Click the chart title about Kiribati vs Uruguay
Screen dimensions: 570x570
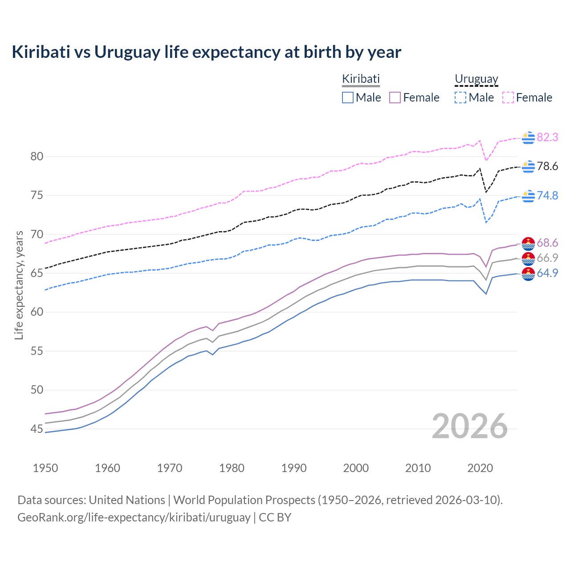click(206, 52)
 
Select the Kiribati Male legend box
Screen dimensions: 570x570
click(348, 98)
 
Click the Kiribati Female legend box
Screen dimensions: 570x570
click(395, 98)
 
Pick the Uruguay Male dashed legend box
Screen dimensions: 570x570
click(460, 98)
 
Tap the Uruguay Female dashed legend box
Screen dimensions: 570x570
click(508, 98)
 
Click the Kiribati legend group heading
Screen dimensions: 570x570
click(361, 79)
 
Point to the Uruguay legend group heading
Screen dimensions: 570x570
click(476, 79)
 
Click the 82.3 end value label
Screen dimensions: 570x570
click(547, 138)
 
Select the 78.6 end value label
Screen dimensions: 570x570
click(547, 167)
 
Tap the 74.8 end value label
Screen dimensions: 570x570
click(547, 196)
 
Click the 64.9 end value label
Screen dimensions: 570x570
click(547, 273)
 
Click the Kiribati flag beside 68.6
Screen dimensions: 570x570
click(528, 244)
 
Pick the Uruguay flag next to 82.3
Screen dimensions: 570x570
click(528, 138)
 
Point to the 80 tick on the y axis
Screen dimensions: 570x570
click(37, 156)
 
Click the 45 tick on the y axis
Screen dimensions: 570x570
click(37, 429)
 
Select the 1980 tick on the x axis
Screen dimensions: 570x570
click(232, 468)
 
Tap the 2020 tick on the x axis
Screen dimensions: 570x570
click(480, 468)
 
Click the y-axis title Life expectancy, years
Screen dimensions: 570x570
click(19, 285)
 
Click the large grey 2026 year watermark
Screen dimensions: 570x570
click(469, 427)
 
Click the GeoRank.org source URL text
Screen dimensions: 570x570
click(134, 517)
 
